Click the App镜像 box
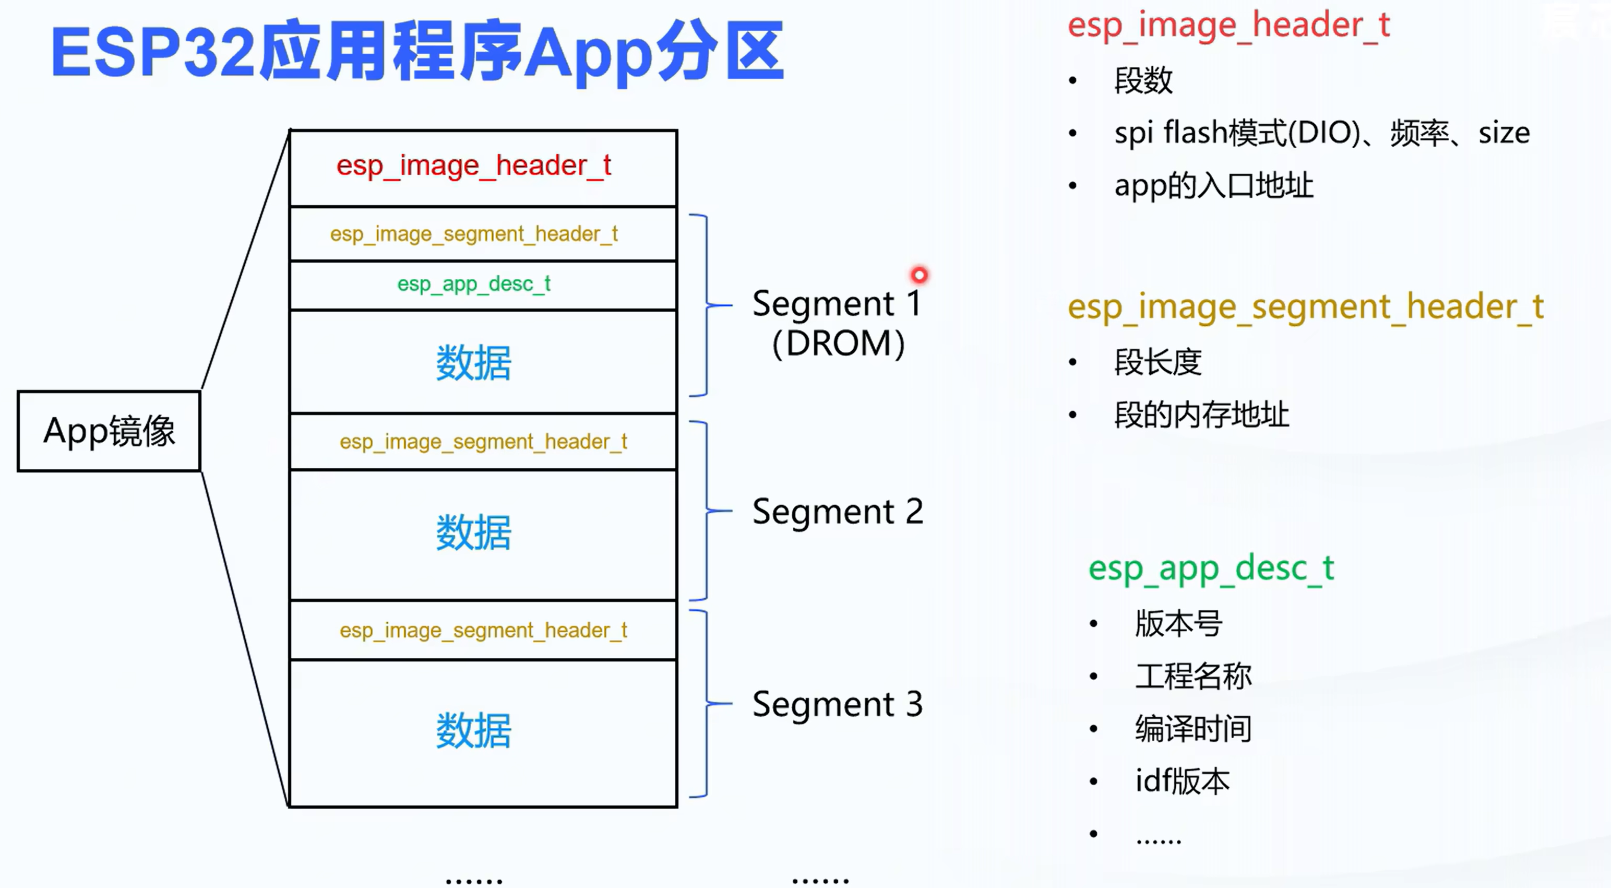(109, 431)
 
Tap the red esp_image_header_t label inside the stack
(473, 166)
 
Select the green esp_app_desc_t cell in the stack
(473, 284)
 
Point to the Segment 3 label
(838, 704)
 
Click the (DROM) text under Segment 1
(838, 344)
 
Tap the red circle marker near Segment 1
(918, 275)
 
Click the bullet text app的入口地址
(1213, 186)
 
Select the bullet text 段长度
(1157, 362)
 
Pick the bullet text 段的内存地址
(1201, 415)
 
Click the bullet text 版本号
(1179, 623)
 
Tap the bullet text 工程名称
(1193, 676)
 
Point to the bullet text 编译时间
(1193, 728)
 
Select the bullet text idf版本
(1182, 781)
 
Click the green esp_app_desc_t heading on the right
(1211, 568)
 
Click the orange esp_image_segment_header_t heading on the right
(1305, 307)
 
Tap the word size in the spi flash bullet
(1503, 133)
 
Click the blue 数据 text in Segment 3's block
(473, 730)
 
